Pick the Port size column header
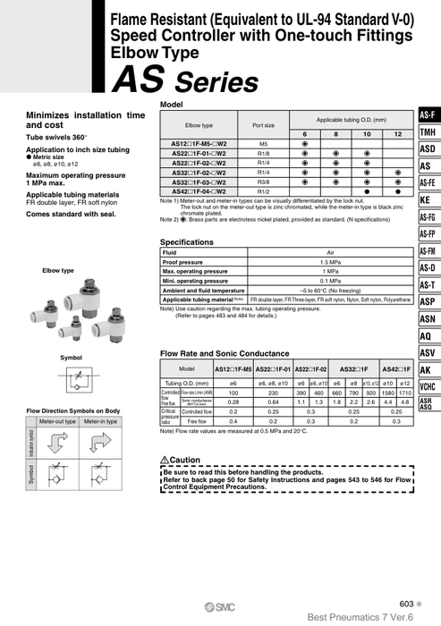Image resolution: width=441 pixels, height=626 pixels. click(264, 125)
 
